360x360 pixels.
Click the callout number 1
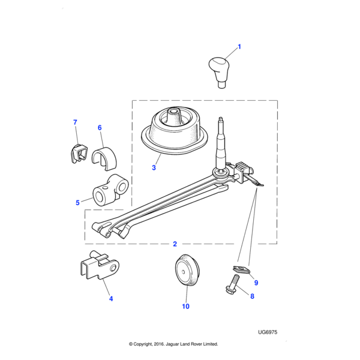pos(239,46)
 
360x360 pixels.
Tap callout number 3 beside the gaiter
pos(154,168)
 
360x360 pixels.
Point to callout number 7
pos(75,122)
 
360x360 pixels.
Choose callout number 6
pos(100,127)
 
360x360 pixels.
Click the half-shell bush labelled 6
pos(105,157)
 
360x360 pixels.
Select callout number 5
pos(77,202)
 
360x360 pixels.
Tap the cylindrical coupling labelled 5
pos(108,192)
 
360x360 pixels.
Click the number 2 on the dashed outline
pos(175,244)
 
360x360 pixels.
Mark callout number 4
pos(110,298)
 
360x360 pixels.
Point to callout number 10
pos(185,307)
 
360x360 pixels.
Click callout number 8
pos(252,296)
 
